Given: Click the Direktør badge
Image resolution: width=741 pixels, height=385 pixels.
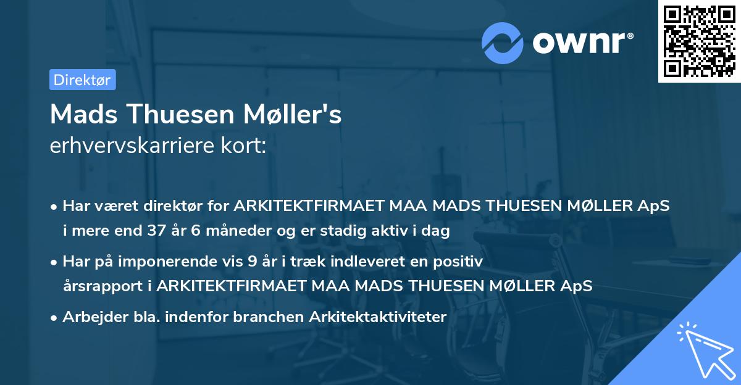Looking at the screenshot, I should (82, 80).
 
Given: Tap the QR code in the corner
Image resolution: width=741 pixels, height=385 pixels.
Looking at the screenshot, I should (699, 41).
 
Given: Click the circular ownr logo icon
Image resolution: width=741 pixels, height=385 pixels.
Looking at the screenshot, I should (503, 43).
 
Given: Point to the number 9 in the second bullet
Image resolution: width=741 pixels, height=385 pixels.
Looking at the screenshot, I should (252, 262).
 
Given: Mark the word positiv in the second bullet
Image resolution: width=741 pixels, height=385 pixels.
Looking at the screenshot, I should (460, 262).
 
